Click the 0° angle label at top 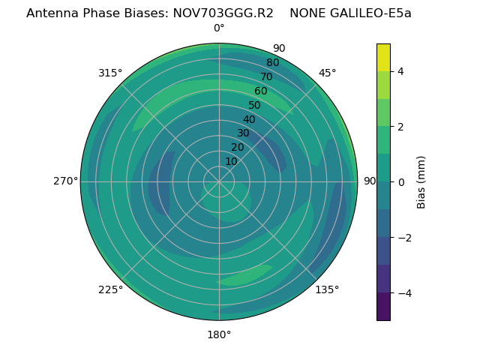tap(219, 28)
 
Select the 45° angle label tap(327, 73)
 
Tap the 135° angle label tap(327, 289)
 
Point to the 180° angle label tap(219, 334)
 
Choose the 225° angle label tap(110, 289)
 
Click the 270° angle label tap(65, 181)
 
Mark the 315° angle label tap(110, 73)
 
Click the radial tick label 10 tap(232, 161)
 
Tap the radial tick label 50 tap(255, 105)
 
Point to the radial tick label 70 tap(266, 76)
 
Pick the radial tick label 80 tap(272, 63)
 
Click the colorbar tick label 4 tap(401, 71)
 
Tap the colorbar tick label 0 tap(401, 182)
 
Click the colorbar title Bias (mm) tap(421, 181)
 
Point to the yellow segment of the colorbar tap(383, 57)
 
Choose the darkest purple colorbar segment tap(383, 306)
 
